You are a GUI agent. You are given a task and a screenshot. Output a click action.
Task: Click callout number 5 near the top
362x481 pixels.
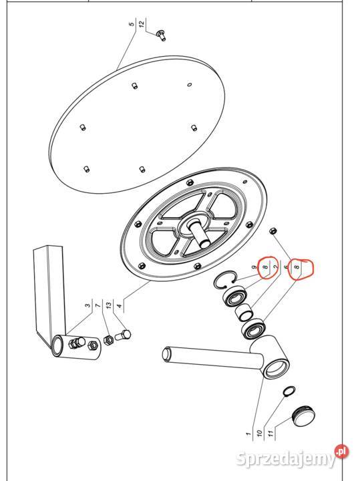pos(132,24)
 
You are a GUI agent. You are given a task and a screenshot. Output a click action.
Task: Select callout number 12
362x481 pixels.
pos(142,24)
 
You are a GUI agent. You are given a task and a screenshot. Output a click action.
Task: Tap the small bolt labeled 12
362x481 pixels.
pos(162,35)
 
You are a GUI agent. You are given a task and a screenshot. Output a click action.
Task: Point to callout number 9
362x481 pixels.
pos(254,267)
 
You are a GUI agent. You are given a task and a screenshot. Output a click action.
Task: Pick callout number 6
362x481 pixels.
pos(287,267)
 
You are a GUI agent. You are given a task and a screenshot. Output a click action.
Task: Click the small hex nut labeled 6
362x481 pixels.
pos(272,230)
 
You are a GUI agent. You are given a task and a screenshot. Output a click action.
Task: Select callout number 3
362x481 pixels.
pos(88,305)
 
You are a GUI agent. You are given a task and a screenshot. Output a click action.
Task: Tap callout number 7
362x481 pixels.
pos(98,305)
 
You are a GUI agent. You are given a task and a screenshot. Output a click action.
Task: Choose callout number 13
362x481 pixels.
pos(108,305)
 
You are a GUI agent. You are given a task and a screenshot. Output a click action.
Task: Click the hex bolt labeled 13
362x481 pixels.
pos(124,335)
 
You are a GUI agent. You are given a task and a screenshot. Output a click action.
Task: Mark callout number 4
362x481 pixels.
pos(120,305)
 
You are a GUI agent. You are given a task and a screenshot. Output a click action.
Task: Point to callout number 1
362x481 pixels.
pos(249,434)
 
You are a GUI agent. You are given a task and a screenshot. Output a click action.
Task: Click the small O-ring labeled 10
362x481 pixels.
pos(289,391)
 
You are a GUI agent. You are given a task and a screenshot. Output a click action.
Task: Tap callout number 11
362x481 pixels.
pos(270,434)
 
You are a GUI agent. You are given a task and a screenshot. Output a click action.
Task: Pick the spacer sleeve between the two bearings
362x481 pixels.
pos(244,312)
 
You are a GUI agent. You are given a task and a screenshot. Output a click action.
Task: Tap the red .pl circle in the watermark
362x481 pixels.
pos(342,451)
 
